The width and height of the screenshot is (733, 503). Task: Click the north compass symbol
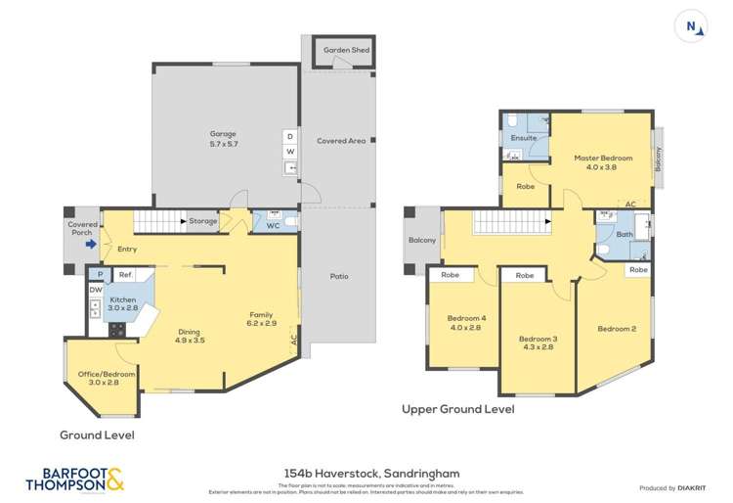[692, 27]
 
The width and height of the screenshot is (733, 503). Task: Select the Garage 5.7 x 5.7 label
[223, 139]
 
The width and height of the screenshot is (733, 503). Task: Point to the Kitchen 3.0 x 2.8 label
[123, 304]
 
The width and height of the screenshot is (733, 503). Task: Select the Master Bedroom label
[603, 162]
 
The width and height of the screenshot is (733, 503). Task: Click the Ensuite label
[523, 138]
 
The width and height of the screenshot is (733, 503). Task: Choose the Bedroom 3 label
[539, 343]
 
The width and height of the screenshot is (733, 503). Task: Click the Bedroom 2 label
[617, 329]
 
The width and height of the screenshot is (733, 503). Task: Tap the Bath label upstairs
[625, 235]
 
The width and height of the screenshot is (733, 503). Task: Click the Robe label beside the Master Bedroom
[525, 185]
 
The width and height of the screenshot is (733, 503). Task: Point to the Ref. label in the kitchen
[126, 276]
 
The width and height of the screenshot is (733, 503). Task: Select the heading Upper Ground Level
[458, 409]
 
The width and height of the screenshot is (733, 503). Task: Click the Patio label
[339, 276]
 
